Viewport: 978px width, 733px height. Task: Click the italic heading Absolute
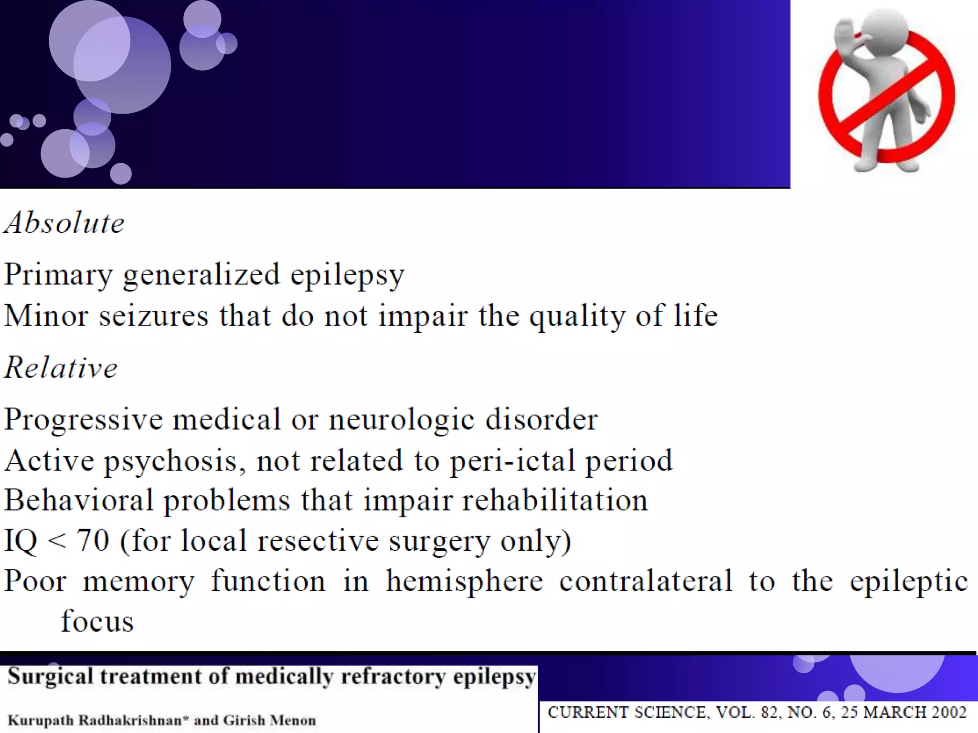click(x=64, y=223)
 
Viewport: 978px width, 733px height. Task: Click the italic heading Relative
click(x=61, y=368)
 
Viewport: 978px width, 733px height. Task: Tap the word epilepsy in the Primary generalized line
click(x=347, y=275)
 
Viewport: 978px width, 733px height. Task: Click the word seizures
click(x=154, y=316)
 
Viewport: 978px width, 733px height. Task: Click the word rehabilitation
click(x=554, y=501)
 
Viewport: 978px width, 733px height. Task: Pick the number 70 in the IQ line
click(x=93, y=541)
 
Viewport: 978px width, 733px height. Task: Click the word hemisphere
click(x=464, y=582)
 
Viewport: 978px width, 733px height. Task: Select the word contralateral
click(x=645, y=581)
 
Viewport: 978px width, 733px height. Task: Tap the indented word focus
click(x=97, y=621)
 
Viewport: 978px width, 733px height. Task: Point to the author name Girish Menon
click(x=269, y=720)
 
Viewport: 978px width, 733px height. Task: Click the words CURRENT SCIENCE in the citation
click(x=626, y=712)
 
